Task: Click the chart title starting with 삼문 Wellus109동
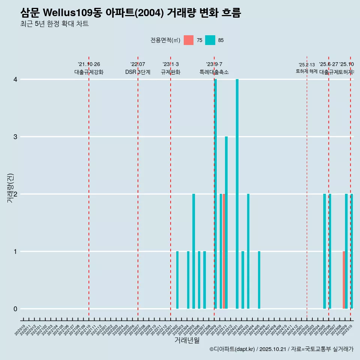130,13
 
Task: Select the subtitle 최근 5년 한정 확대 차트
54,24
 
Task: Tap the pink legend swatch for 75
189,40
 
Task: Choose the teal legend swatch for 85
210,40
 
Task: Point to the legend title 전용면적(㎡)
165,40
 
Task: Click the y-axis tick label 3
15,137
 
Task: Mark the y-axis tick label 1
15,252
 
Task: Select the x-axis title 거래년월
187,340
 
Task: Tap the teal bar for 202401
237,194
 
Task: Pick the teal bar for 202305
193,251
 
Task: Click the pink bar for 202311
224,251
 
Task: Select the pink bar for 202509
343,280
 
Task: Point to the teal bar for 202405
259,280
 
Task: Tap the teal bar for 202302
177,280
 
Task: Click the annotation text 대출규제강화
89,72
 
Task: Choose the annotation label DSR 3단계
138,72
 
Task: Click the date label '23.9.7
214,64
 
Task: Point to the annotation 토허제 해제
307,71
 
